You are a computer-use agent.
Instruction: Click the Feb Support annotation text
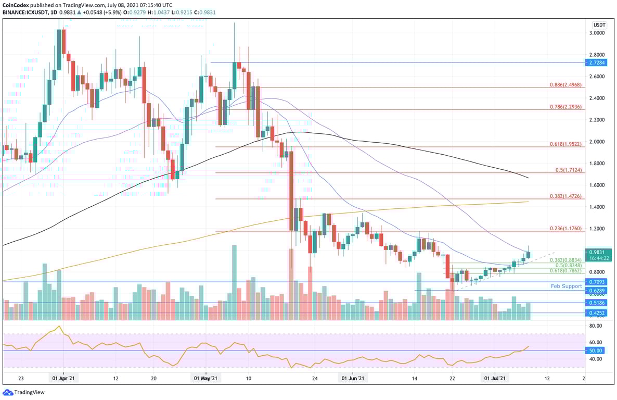click(x=566, y=286)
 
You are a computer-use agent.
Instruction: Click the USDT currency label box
click(x=600, y=24)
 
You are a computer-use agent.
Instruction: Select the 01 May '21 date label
click(x=206, y=379)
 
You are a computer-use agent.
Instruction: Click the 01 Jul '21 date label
click(x=495, y=379)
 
